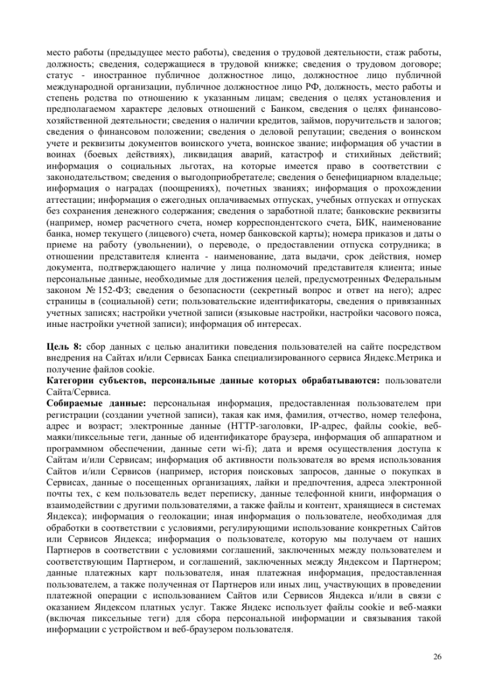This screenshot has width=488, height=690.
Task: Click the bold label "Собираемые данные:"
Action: (90, 402)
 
